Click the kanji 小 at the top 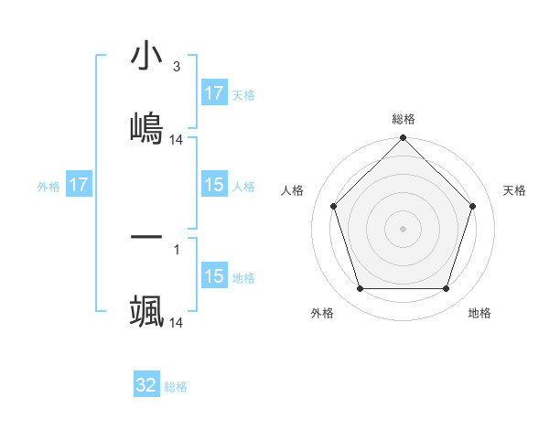(x=146, y=56)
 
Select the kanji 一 (x=146, y=237)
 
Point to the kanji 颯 (x=146, y=311)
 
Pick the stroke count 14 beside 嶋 (x=177, y=140)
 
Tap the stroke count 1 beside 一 (x=176, y=248)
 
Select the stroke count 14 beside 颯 (x=177, y=323)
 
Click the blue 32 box (x=146, y=385)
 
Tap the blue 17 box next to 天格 (x=214, y=93)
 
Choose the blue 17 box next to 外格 (x=79, y=185)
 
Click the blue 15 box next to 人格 (x=214, y=185)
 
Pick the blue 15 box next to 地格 (x=214, y=276)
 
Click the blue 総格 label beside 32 (x=176, y=387)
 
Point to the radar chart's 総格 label (x=403, y=120)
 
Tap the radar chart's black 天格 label (x=515, y=190)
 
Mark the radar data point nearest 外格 (x=360, y=289)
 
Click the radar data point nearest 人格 (x=333, y=206)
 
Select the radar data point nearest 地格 (x=447, y=289)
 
